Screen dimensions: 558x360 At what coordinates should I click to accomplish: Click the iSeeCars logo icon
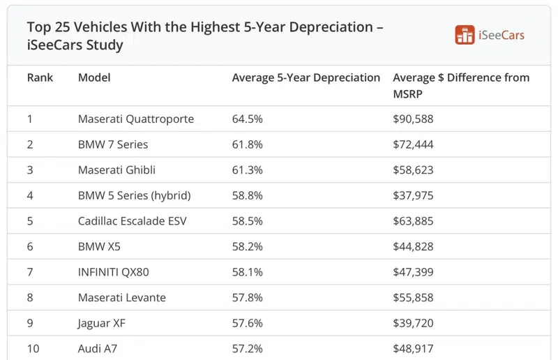pos(465,35)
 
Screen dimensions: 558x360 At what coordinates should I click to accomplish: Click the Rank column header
pos(40,77)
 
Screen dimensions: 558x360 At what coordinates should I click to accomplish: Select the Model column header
pos(94,77)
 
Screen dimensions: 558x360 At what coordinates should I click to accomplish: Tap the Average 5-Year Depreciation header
pos(306,78)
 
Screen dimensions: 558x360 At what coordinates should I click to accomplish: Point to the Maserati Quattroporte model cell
pos(136,119)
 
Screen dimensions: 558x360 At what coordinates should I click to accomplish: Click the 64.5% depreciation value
pos(248,119)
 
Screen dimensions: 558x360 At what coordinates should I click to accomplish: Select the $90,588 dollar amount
pos(413,119)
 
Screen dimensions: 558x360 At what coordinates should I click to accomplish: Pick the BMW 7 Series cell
pos(113,144)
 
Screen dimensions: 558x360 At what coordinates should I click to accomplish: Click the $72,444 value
pos(413,144)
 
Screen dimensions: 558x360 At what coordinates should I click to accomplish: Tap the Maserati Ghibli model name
pos(116,170)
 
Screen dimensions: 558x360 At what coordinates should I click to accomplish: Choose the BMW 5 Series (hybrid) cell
pos(135,195)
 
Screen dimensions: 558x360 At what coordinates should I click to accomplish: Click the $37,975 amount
pos(413,195)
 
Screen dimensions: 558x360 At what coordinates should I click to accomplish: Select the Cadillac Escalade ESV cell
pos(132,221)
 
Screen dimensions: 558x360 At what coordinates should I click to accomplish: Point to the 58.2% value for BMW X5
pos(248,246)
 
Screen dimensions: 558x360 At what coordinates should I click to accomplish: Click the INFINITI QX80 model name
pos(113,272)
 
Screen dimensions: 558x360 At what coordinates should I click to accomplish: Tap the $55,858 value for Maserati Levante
pos(413,298)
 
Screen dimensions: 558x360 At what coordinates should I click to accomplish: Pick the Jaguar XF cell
pos(101,323)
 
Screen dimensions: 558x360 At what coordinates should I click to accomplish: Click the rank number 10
pos(33,349)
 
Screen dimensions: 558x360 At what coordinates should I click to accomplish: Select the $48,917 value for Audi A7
pos(413,349)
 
